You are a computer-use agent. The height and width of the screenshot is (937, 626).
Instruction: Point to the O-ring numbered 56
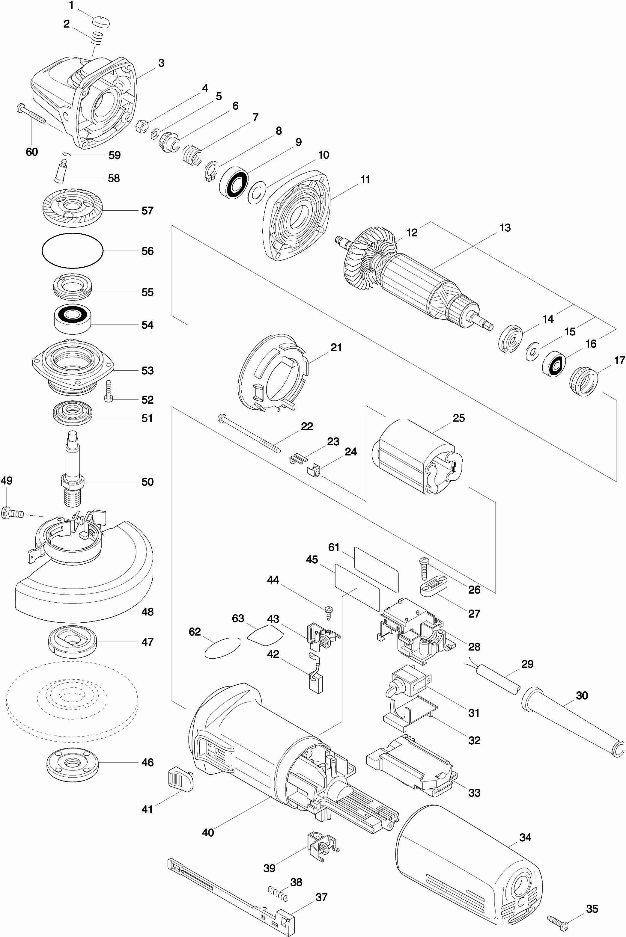pyautogui.click(x=72, y=250)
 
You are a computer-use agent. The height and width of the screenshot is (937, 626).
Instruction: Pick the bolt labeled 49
pyautogui.click(x=12, y=512)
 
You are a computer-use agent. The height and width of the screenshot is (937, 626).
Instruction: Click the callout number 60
pyautogui.click(x=32, y=152)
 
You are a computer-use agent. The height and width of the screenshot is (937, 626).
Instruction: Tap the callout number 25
pyautogui.click(x=459, y=417)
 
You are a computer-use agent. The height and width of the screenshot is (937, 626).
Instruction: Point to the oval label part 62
pyautogui.click(x=222, y=647)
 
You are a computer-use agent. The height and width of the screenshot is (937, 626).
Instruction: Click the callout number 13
pyautogui.click(x=505, y=227)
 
